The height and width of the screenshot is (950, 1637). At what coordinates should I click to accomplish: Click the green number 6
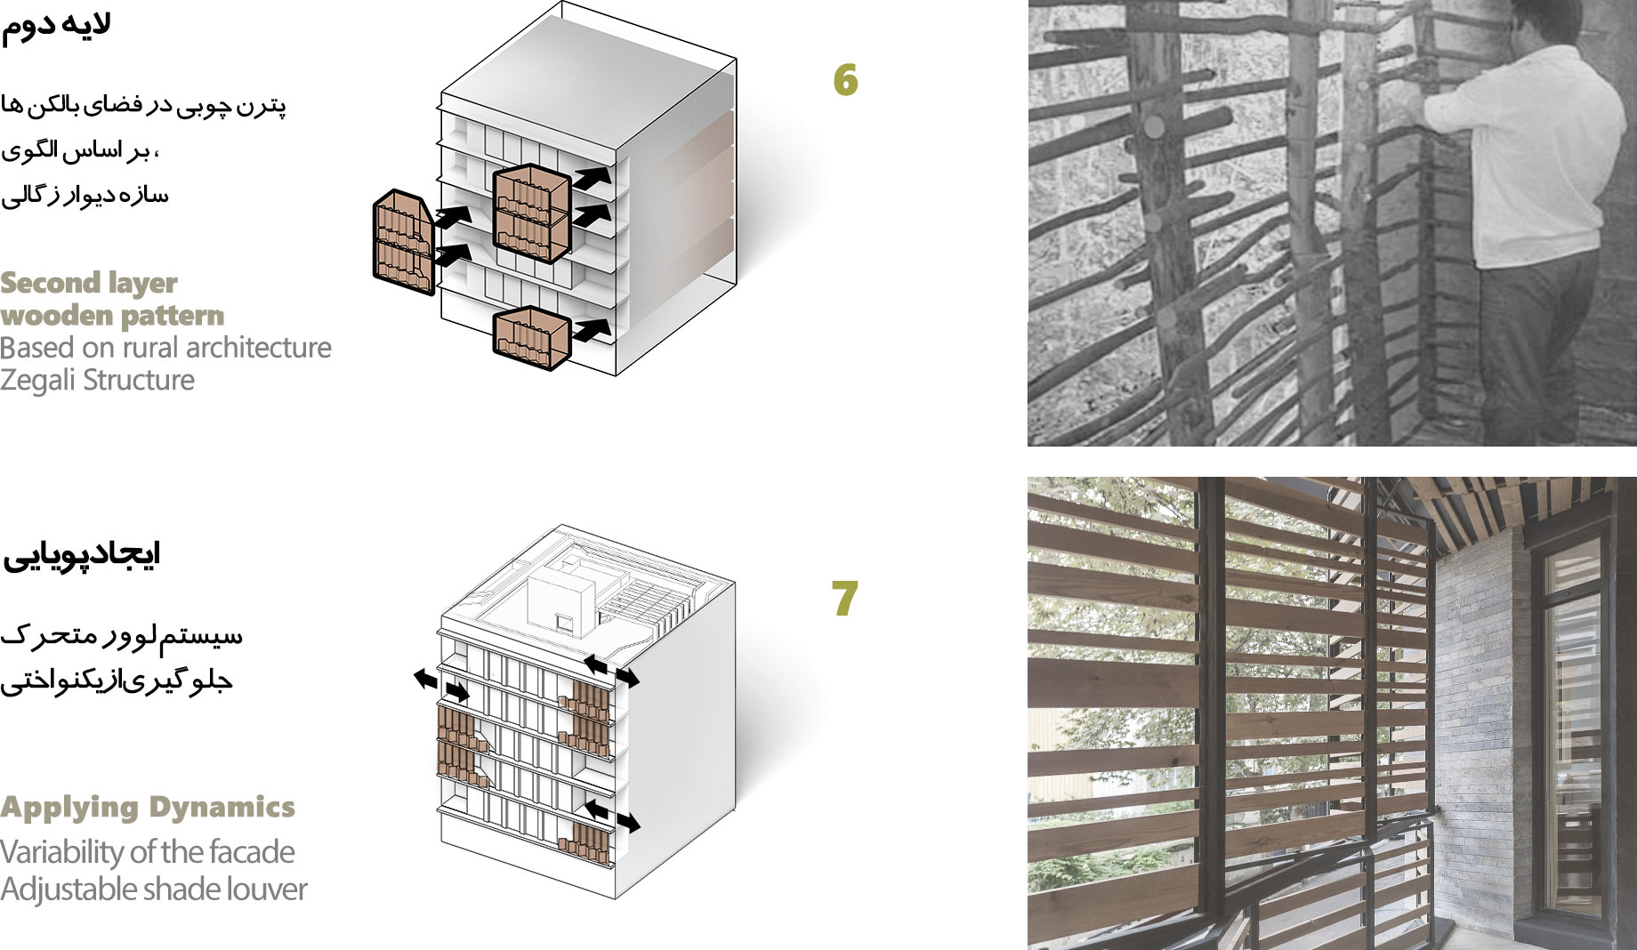coord(845,80)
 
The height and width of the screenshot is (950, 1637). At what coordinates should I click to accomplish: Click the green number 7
coord(844,599)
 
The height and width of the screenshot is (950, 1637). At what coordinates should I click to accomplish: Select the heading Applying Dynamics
coord(148,807)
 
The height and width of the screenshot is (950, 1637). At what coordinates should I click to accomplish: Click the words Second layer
coord(89,283)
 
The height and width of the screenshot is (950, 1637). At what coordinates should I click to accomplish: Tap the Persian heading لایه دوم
coord(55,25)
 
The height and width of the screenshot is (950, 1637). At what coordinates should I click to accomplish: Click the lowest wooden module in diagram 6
coord(531,338)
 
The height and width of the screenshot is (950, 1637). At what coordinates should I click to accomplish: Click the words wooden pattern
coord(112,316)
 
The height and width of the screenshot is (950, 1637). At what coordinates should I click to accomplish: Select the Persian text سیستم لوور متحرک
coord(121,635)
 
